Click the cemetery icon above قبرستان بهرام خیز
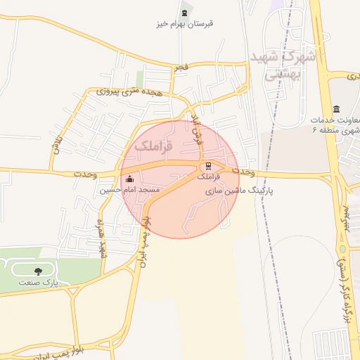click(185, 13)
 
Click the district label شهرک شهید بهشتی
click(284, 65)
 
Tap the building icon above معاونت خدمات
click(337, 109)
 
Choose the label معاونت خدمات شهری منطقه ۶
click(337, 125)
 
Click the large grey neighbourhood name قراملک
click(153, 146)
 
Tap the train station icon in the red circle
click(207, 167)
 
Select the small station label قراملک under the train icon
click(208, 178)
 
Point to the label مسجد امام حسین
click(130, 191)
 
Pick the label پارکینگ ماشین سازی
click(239, 191)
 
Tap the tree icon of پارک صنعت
click(38, 271)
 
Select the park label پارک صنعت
click(39, 282)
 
